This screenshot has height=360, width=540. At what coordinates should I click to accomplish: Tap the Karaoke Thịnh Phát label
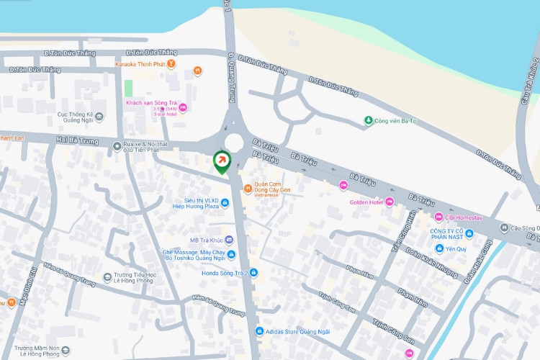(140, 64)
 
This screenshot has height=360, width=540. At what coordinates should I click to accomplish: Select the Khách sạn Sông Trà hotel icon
(183, 107)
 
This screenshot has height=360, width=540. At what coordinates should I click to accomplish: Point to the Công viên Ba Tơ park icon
(368, 120)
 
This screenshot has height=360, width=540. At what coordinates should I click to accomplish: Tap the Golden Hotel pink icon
(390, 202)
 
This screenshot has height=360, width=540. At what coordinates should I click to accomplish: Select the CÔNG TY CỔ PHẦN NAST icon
(469, 233)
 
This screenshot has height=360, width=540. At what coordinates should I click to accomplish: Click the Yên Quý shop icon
(439, 248)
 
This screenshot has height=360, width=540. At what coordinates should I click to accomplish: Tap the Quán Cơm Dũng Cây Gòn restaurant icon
(248, 189)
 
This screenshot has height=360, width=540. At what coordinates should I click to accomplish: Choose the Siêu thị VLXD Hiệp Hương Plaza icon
(225, 203)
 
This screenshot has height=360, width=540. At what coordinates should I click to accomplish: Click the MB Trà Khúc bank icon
(229, 240)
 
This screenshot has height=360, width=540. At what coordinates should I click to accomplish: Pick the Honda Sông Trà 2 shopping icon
(253, 272)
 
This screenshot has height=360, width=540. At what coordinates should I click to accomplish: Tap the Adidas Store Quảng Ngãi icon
(259, 331)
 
